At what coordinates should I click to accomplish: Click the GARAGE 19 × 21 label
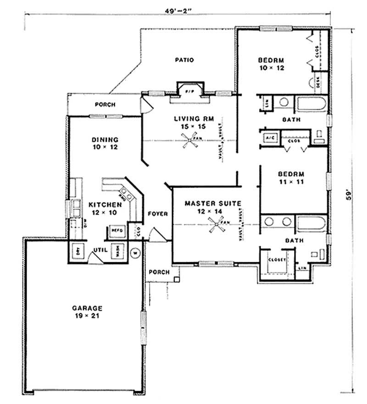coord(87,312)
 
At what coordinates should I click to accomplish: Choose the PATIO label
coord(185,60)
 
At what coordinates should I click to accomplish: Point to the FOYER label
coord(158,214)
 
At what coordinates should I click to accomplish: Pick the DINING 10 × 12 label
coord(105,144)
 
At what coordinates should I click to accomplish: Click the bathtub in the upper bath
coord(311,103)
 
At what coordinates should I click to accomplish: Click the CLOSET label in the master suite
coord(277,260)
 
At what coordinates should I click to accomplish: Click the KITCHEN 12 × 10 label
coord(105,208)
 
